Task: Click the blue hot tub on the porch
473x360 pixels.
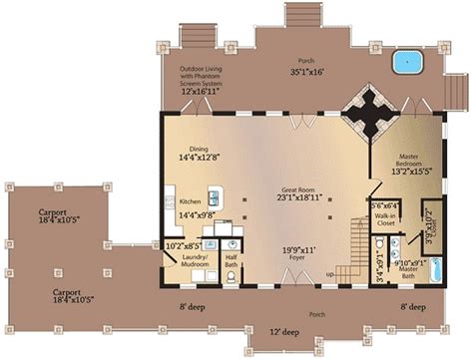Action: [x=406, y=63]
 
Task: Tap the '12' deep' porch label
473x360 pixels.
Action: [x=283, y=330]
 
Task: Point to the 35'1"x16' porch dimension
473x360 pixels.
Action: [x=307, y=72]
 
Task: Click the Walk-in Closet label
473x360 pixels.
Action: [x=385, y=220]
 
